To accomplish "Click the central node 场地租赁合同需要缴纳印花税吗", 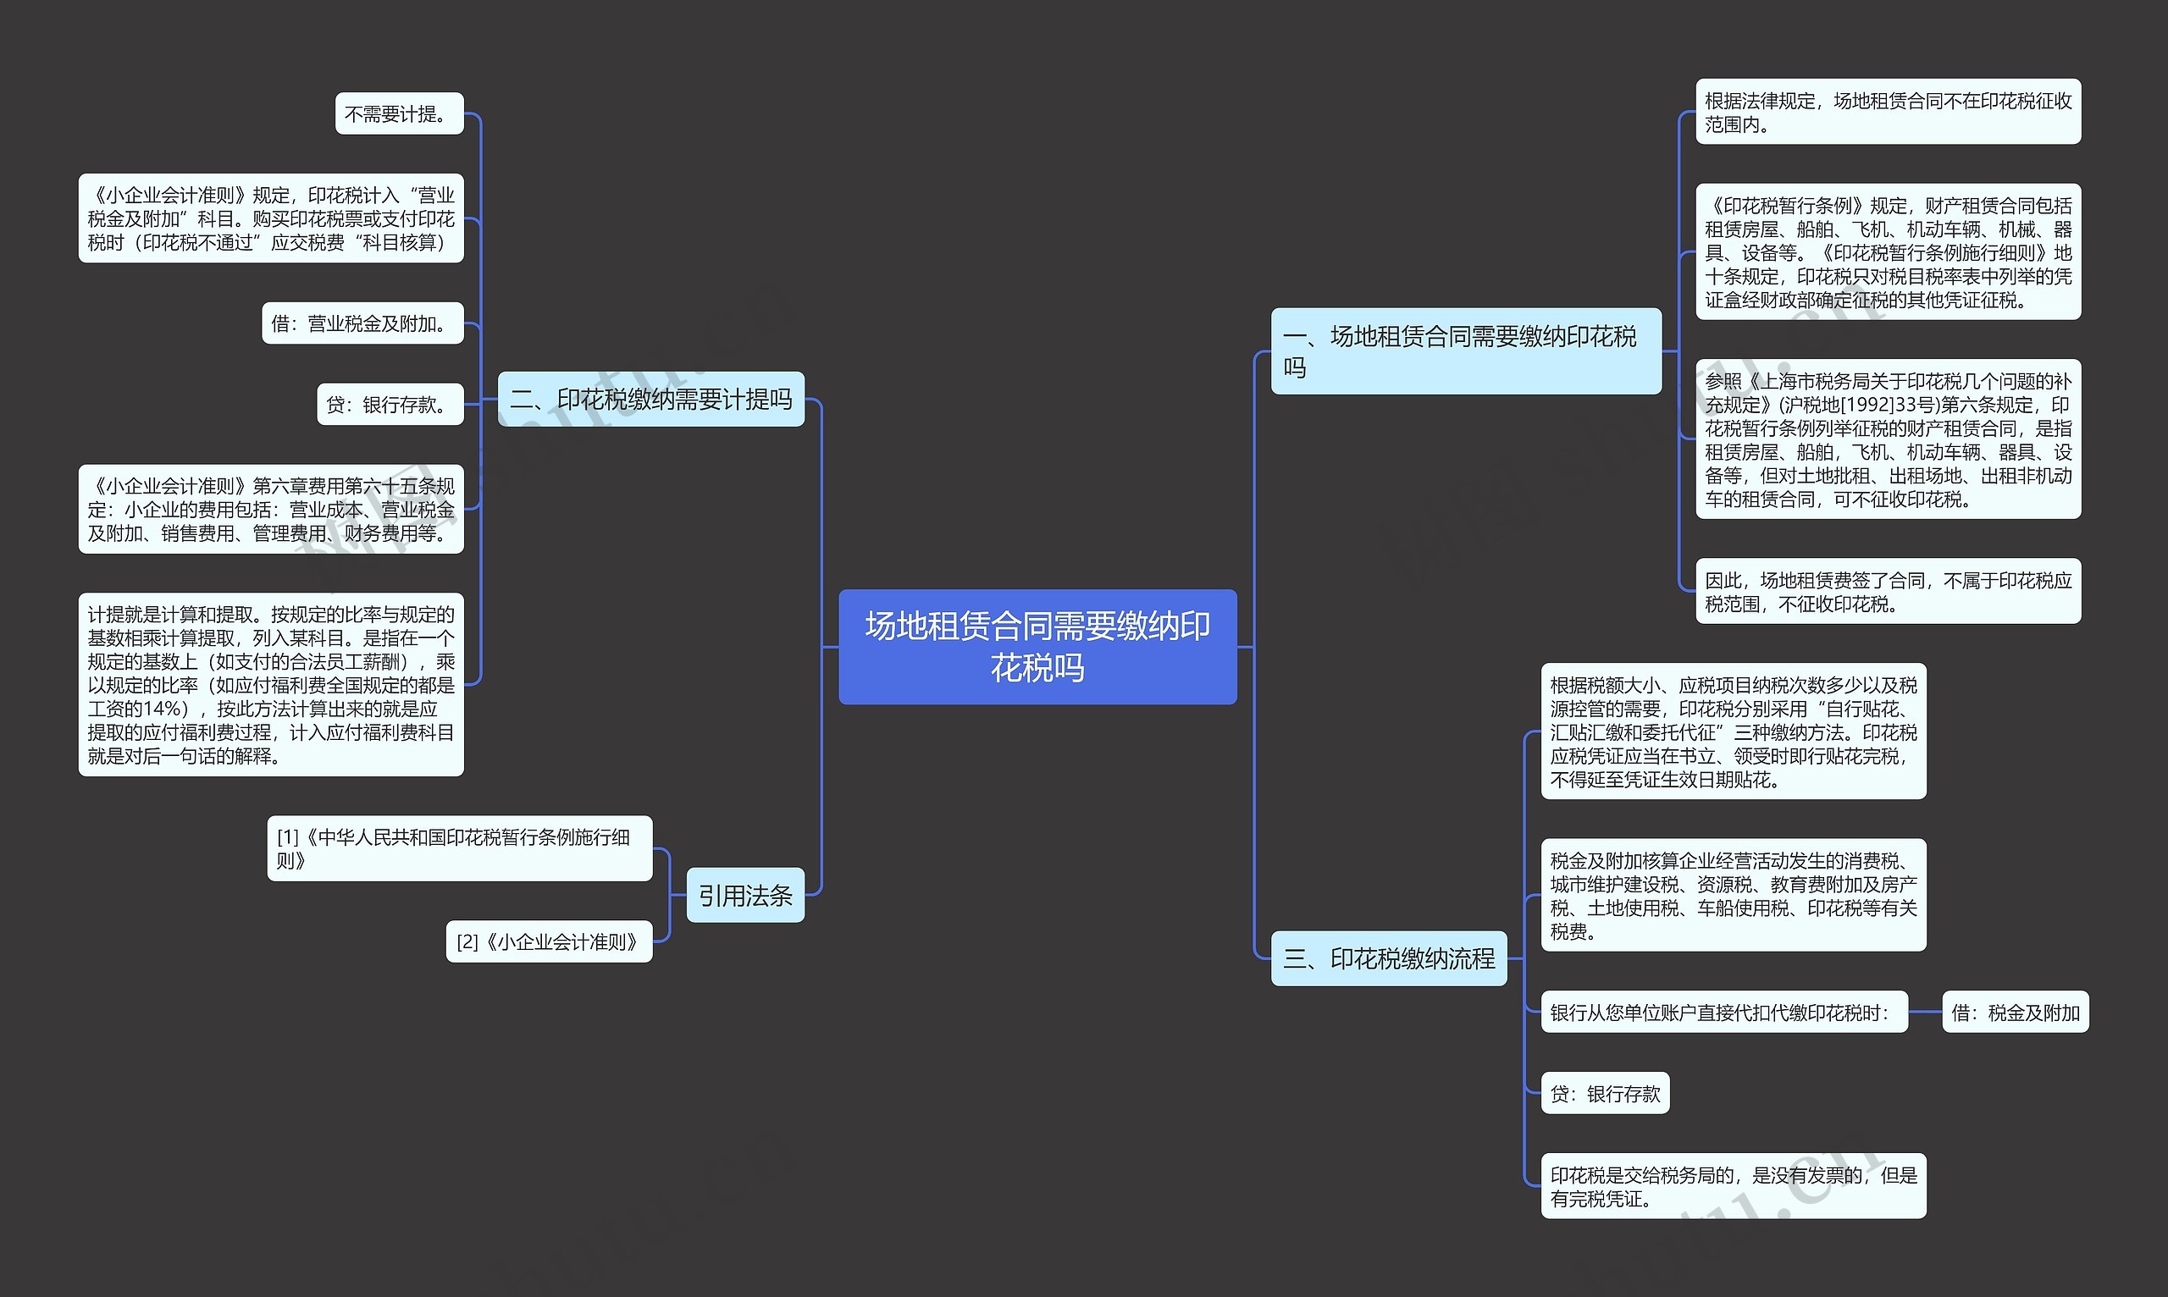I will pos(1037,647).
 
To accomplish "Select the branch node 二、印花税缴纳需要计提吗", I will pos(650,400).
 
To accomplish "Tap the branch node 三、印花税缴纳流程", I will pos(1388,958).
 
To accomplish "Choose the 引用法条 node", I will pos(744,895).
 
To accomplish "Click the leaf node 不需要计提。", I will pos(399,113).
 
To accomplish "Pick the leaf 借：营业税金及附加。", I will pos(362,323).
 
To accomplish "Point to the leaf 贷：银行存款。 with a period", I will pos(390,405).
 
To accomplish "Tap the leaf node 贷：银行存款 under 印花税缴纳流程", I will pos(1604,1093).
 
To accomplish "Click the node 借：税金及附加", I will pos(2015,1012).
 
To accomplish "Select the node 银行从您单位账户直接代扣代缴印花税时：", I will pos(1723,1012).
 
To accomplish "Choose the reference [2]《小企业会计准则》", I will pos(549,941).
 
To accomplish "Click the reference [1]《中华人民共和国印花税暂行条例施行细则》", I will pos(459,848).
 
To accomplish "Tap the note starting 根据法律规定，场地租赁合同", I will pos(1888,112).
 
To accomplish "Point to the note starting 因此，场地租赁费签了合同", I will pos(1888,592).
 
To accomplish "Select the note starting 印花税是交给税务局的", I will pos(1733,1186).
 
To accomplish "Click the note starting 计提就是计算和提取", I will pos(271,684).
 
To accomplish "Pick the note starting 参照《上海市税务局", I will pos(1888,439).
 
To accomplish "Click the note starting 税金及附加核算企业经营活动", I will pos(1733,895).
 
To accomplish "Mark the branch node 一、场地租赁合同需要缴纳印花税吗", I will pos(1465,351).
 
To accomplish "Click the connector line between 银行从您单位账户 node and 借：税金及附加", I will pos(1925,1012).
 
